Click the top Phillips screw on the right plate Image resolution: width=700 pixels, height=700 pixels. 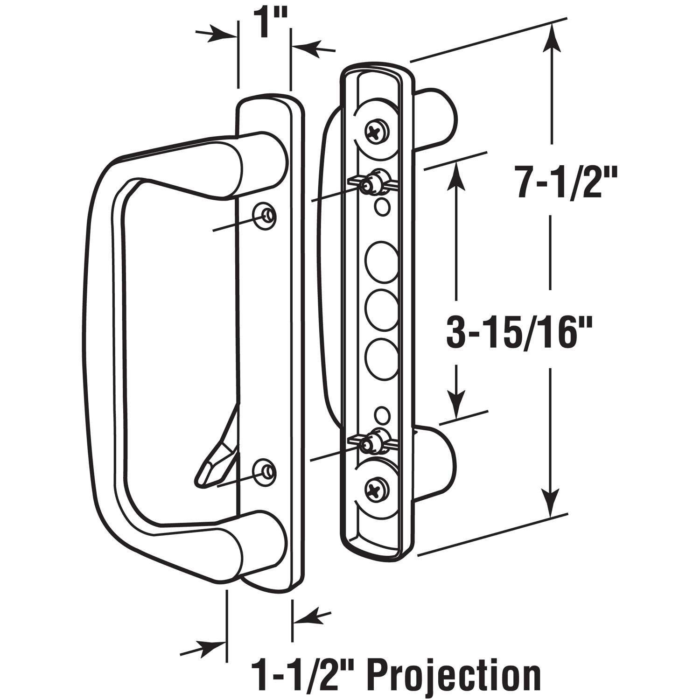377,130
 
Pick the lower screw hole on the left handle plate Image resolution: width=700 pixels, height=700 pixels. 266,473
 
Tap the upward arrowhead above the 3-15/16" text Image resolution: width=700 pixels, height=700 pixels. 456,175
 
